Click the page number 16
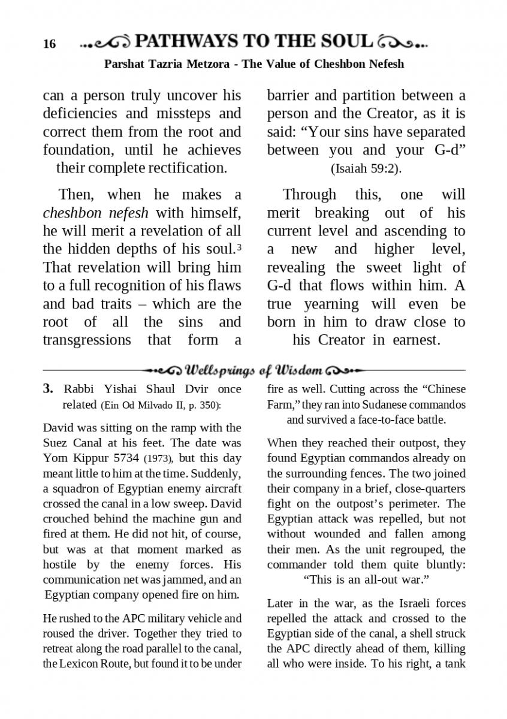[49, 44]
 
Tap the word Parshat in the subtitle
[125, 64]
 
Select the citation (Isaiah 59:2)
[366, 169]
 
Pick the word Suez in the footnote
[57, 443]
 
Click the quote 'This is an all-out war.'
[367, 580]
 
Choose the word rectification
[183, 168]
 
